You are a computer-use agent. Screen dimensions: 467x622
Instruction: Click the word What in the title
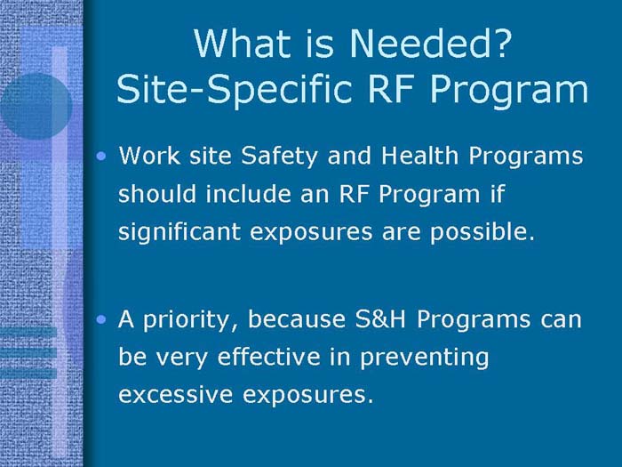(235, 44)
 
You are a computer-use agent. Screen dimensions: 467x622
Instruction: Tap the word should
(153, 194)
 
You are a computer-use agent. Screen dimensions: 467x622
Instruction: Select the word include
(243, 194)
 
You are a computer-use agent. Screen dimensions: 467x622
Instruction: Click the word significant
(180, 232)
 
